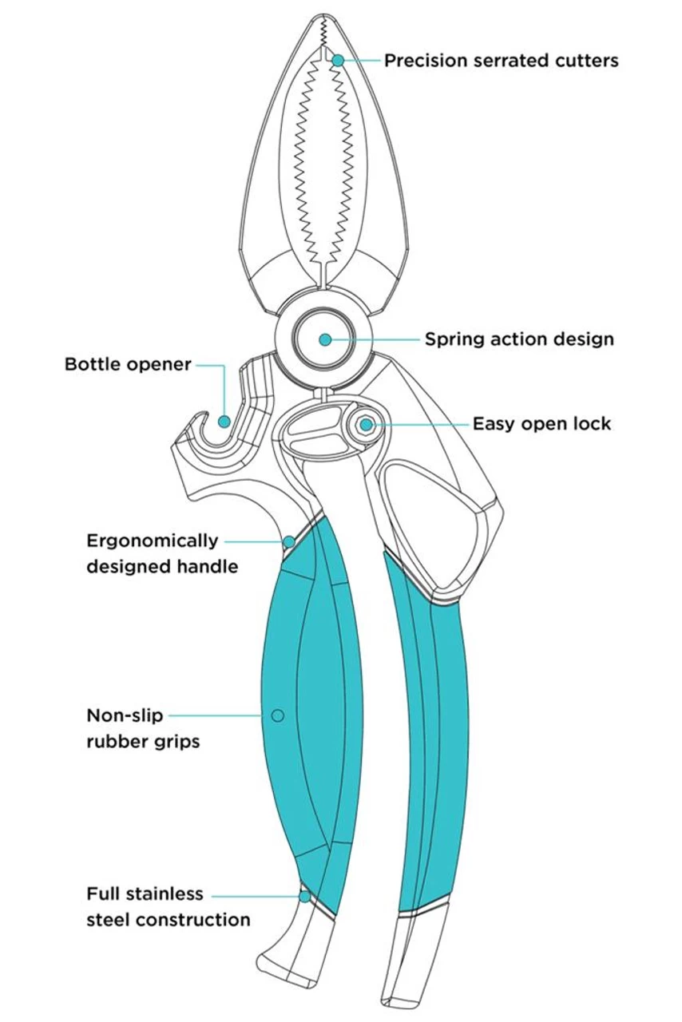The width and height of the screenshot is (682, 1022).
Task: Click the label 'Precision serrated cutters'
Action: [x=501, y=61]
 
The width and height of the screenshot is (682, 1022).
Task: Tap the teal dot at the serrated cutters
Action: [x=338, y=60]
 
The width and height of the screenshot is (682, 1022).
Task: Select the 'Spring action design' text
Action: [x=519, y=339]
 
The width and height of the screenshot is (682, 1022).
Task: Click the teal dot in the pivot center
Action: [x=325, y=339]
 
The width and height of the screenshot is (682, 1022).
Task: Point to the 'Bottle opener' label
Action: [x=128, y=365]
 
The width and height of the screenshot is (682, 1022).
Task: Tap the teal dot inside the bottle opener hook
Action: [x=224, y=421]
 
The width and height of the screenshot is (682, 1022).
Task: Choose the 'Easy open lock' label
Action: [x=541, y=423]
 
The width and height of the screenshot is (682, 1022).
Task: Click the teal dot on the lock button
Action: [x=366, y=425]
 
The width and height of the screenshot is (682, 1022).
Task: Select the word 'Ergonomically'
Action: [x=152, y=541]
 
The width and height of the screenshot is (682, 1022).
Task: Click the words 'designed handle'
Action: [x=162, y=567]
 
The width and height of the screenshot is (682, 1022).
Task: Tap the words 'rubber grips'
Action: [x=143, y=742]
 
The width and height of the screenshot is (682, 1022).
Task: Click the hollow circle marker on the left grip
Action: [x=278, y=715]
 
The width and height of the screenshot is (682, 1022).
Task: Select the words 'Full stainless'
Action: [x=145, y=893]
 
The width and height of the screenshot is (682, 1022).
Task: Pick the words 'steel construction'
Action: [x=169, y=920]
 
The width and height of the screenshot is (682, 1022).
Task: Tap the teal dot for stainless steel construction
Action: [x=304, y=897]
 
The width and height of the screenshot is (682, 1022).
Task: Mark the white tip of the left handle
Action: [x=295, y=950]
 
